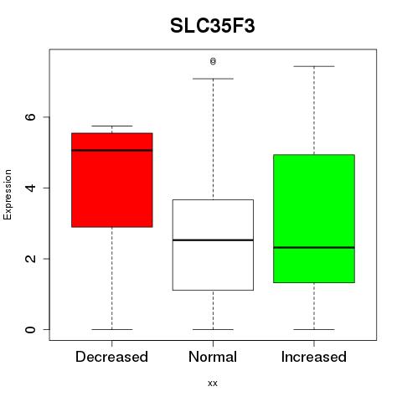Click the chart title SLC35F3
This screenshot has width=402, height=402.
tap(213, 26)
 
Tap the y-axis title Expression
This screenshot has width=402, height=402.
tap(8, 195)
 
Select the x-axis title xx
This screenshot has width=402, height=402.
tap(213, 383)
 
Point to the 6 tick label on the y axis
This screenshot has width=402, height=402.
tap(30, 117)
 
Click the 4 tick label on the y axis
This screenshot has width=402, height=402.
tap(30, 188)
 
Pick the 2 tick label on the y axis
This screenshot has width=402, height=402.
tap(30, 259)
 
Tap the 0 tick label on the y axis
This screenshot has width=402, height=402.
tap(30, 329)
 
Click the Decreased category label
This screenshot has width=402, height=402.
tap(111, 357)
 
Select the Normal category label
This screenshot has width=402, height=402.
tap(213, 357)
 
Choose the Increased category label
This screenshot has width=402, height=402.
tap(314, 357)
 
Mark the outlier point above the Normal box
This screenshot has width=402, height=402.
tap(213, 61)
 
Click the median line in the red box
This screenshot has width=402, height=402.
tap(112, 150)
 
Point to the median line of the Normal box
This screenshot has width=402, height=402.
tap(213, 240)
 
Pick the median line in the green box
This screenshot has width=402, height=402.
tap(314, 247)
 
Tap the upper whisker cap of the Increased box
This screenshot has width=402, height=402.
tap(314, 66)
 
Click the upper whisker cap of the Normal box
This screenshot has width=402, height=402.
tap(213, 79)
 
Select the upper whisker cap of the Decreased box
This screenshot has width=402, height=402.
tap(112, 126)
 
